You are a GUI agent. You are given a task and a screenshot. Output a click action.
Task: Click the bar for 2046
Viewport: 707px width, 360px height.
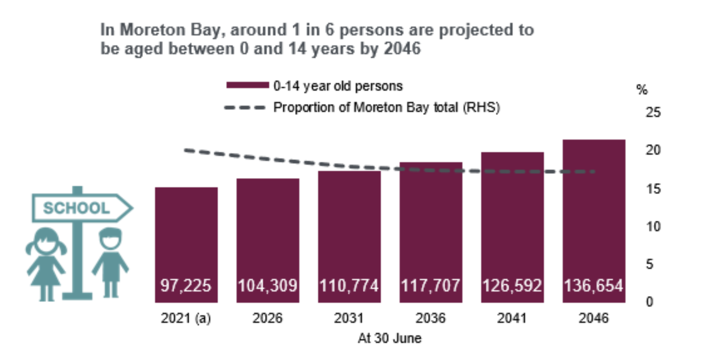click(x=594, y=221)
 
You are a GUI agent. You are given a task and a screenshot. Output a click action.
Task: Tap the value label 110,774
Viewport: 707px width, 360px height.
click(x=349, y=286)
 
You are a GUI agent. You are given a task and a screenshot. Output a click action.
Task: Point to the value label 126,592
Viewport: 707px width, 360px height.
click(x=512, y=286)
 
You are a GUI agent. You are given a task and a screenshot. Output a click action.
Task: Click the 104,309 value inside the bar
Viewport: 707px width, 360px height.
click(x=267, y=286)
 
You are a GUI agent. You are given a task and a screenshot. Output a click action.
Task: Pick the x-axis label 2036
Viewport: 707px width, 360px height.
click(x=431, y=319)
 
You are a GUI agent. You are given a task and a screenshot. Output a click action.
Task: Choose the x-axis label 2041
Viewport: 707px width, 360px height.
click(x=512, y=319)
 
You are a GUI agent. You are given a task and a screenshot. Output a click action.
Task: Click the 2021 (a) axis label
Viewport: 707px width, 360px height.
click(x=186, y=319)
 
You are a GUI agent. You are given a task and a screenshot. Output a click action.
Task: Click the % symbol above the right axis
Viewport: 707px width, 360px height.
click(x=642, y=90)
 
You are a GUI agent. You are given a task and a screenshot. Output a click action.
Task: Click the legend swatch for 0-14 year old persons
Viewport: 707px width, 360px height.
click(x=247, y=86)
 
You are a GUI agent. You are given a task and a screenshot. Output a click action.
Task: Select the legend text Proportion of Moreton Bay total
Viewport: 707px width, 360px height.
click(x=386, y=107)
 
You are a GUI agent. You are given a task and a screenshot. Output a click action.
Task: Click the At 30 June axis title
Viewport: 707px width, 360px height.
click(x=390, y=339)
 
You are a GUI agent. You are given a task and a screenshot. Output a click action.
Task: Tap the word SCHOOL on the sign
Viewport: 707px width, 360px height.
click(x=76, y=208)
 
